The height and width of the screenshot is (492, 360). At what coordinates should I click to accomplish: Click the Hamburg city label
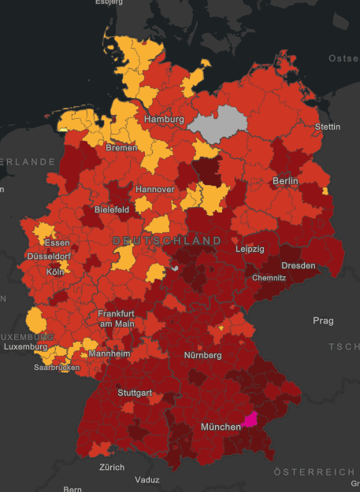[164, 120]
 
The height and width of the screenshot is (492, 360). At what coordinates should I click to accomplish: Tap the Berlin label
[285, 181]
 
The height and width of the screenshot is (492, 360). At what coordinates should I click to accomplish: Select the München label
[221, 427]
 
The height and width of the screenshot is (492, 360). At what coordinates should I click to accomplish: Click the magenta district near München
[251, 419]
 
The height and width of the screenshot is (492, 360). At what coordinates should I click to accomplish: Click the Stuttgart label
[135, 393]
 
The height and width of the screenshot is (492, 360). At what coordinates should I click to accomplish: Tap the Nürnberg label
[202, 354]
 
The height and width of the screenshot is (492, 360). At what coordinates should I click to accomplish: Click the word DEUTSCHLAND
[167, 239]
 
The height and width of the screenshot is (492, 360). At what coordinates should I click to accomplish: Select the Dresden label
[298, 265]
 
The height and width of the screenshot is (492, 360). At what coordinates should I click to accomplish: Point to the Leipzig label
[250, 249]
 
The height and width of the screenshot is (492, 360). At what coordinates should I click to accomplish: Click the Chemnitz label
[269, 278]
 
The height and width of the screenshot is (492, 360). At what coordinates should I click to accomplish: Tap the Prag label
[323, 321]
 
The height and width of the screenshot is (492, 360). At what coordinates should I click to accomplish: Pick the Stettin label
[327, 127]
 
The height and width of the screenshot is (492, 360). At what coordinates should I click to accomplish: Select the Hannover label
[154, 190]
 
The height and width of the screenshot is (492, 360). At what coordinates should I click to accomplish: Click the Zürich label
[111, 467]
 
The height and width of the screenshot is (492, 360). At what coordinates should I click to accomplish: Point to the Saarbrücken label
[57, 368]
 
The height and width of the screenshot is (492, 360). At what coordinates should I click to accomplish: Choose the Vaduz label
[147, 479]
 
